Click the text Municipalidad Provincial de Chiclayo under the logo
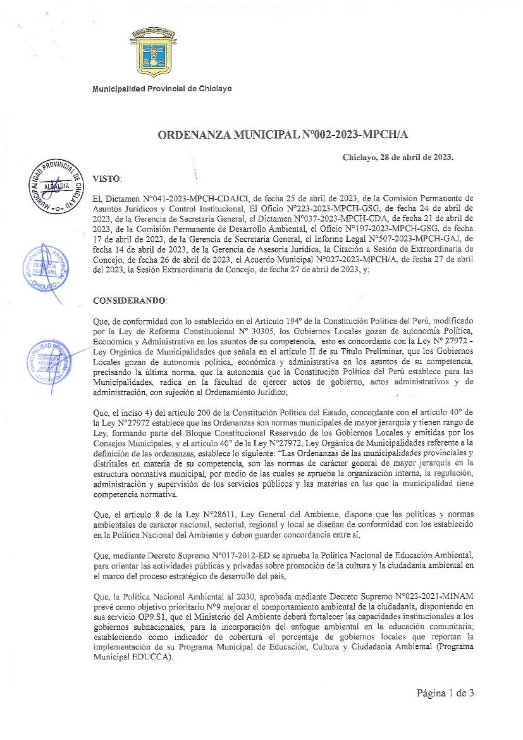(162, 89)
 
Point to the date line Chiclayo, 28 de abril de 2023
(398, 158)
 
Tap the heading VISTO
(107, 179)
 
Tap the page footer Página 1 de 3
(445, 693)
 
